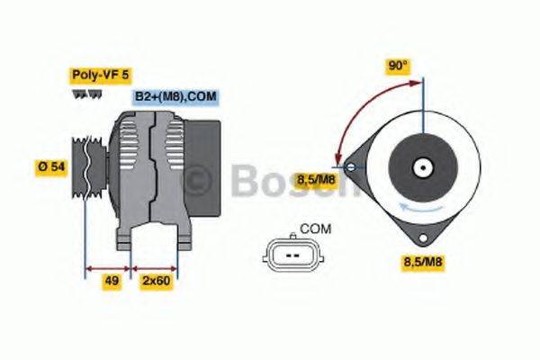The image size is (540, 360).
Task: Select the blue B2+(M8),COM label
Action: (x=175, y=96)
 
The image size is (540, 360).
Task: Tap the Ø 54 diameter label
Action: (x=51, y=166)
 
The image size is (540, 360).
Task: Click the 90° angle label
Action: (x=398, y=66)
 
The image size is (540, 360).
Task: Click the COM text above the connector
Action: (x=314, y=229)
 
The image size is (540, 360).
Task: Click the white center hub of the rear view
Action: (x=421, y=166)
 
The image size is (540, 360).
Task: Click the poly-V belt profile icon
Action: (x=83, y=93)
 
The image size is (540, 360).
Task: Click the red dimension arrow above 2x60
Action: (x=154, y=268)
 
